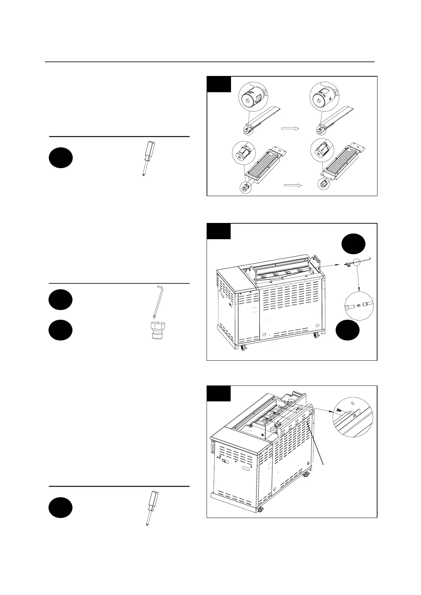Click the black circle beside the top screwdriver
point(61,158)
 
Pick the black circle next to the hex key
point(61,300)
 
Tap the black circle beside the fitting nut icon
point(61,330)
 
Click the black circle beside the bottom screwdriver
point(61,508)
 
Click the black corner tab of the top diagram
point(219,84)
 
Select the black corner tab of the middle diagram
point(219,231)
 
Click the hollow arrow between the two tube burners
point(290,129)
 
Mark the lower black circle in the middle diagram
point(347,331)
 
